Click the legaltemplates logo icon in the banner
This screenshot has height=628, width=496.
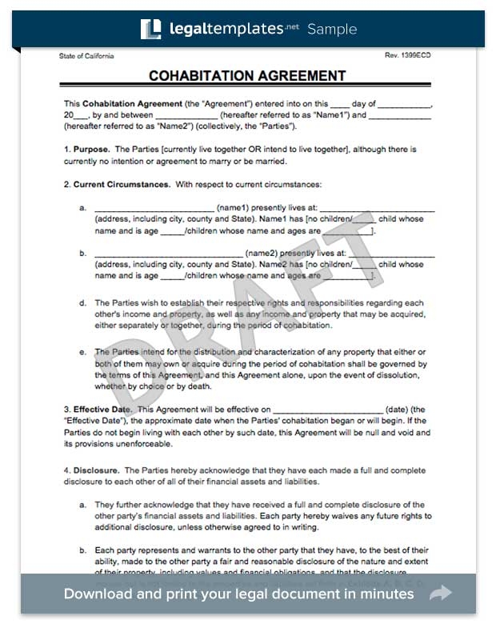(x=150, y=29)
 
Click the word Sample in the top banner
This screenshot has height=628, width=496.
(x=332, y=30)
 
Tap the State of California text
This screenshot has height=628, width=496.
(x=86, y=56)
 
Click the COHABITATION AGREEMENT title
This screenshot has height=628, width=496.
(x=247, y=76)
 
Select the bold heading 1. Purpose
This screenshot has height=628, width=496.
(x=86, y=150)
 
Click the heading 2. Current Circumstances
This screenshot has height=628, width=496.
(x=116, y=185)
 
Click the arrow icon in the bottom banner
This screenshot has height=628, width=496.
(x=441, y=594)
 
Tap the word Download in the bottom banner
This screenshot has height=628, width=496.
(x=99, y=594)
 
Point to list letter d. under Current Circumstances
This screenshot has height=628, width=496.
(x=82, y=304)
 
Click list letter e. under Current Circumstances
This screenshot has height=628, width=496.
(x=82, y=351)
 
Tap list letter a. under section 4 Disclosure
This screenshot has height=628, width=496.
(x=82, y=505)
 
